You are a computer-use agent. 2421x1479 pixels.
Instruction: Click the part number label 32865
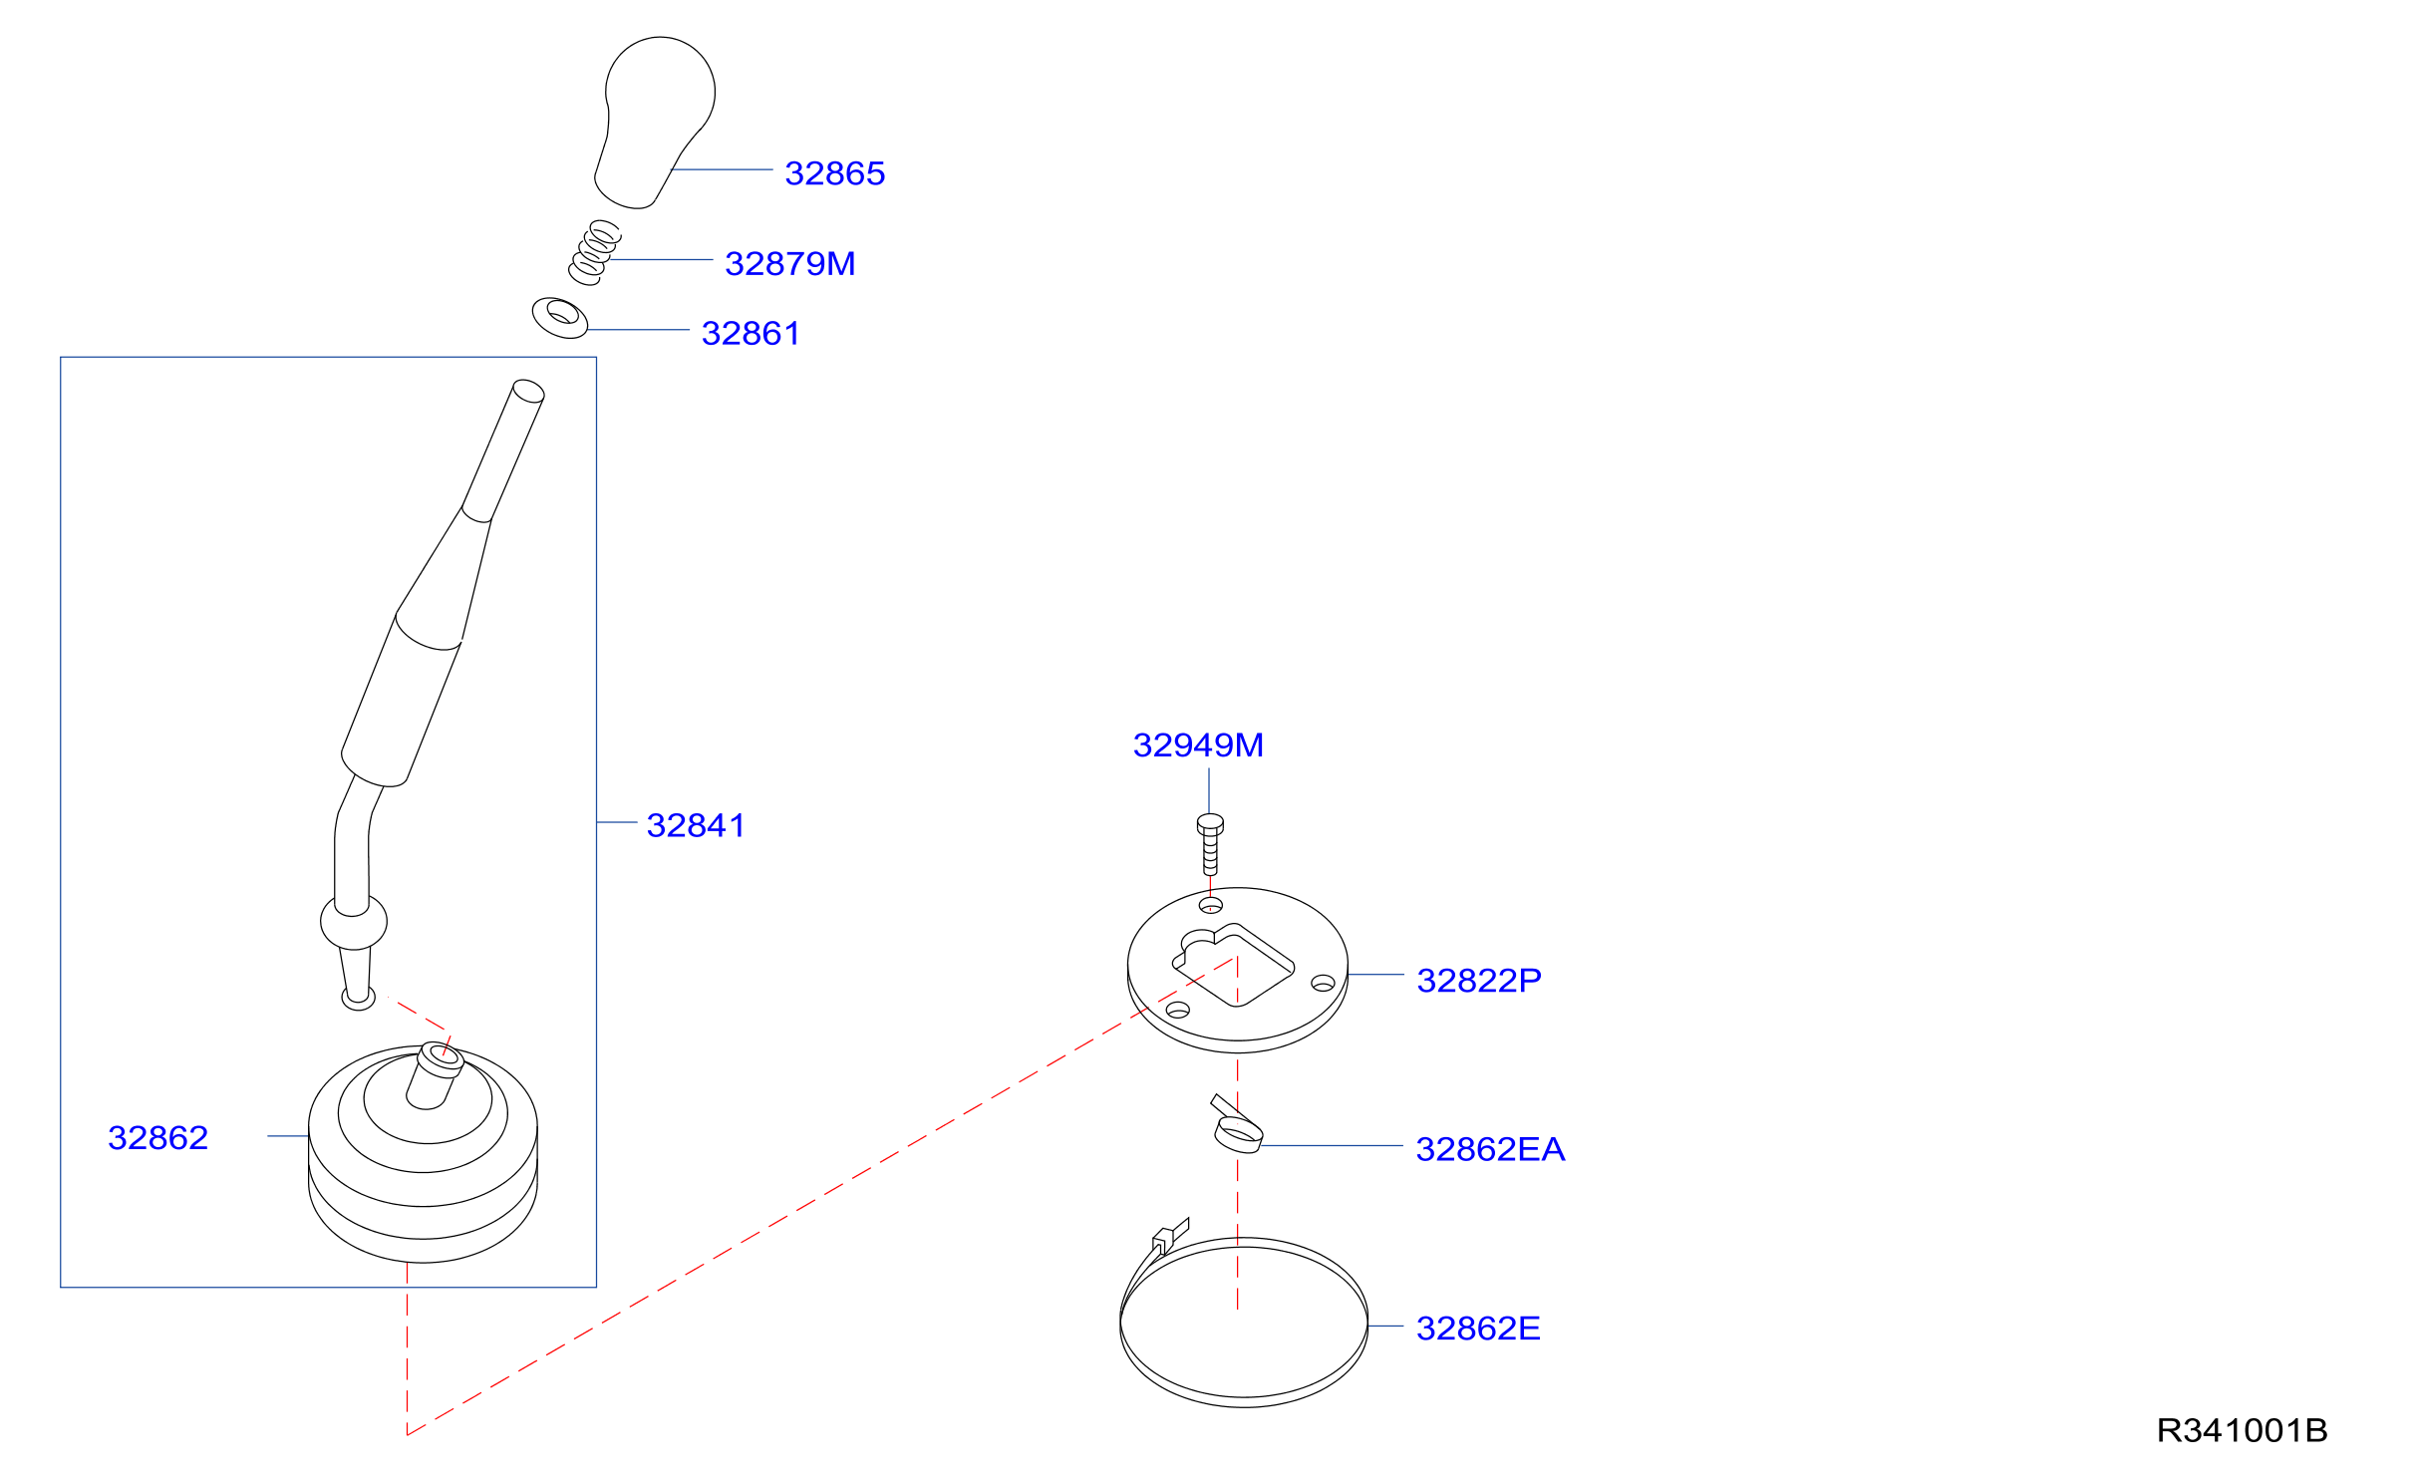pyautogui.click(x=834, y=173)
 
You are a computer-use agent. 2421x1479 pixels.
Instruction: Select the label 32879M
pyautogui.click(x=789, y=264)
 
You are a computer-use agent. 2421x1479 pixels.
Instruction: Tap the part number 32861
pyautogui.click(x=751, y=334)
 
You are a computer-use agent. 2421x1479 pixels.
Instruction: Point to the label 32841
pyautogui.click(x=696, y=825)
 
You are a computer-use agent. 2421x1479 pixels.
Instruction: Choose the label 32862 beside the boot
pyautogui.click(x=157, y=1137)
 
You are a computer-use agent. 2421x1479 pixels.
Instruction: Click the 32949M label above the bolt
pyautogui.click(x=1198, y=744)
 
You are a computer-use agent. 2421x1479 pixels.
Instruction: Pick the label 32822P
pyautogui.click(x=1478, y=981)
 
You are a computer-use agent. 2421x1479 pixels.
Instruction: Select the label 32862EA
pyautogui.click(x=1490, y=1149)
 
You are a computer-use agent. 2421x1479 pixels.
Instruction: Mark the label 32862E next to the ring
pyautogui.click(x=1478, y=1329)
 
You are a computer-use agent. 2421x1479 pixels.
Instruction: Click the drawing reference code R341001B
pyautogui.click(x=2242, y=1431)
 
